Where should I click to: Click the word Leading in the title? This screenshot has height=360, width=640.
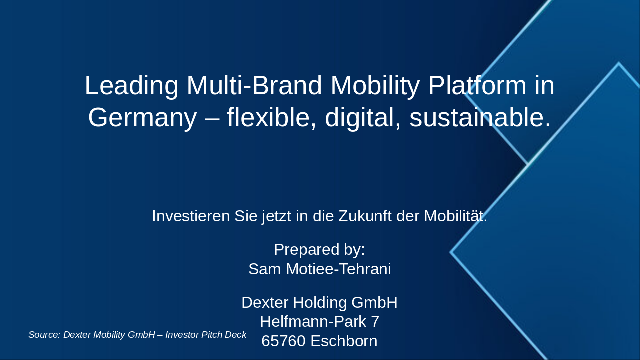[131, 85]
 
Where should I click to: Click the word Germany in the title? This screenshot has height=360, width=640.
[142, 118]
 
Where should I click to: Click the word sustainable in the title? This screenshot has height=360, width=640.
[480, 118]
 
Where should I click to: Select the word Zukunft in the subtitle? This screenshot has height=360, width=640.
[365, 216]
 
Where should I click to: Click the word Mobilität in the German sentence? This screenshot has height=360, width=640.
[455, 216]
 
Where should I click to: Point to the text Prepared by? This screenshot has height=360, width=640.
[319, 249]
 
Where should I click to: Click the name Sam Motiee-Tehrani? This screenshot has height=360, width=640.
[319, 269]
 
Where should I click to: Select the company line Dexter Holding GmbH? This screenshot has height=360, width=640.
[319, 303]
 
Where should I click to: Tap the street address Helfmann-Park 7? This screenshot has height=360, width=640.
[319, 322]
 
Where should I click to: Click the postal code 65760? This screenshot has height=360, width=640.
[283, 341]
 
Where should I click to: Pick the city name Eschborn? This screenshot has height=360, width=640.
[344, 341]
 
